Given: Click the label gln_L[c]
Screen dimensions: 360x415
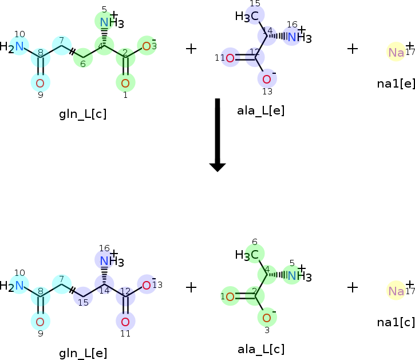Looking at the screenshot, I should [83, 113].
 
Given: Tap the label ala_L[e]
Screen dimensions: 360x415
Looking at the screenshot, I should [260, 110].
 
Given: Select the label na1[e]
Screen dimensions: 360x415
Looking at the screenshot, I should [396, 83].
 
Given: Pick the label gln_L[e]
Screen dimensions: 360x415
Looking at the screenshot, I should [83, 353].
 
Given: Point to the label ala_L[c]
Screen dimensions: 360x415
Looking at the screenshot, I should [261, 349].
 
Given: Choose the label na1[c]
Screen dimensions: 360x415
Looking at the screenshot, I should [396, 322].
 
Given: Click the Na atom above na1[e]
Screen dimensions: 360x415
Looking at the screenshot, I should [396, 53].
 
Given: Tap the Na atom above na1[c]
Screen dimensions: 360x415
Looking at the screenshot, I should [396, 291].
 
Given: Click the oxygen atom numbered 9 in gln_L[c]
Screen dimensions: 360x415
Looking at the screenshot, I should [40, 83].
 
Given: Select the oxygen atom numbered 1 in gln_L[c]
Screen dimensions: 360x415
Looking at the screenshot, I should [125, 83].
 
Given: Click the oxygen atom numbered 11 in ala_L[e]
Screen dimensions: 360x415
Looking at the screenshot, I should [230, 57].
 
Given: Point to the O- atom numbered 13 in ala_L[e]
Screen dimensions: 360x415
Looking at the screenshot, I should [267, 78].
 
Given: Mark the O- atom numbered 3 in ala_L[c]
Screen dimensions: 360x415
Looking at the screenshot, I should [267, 317].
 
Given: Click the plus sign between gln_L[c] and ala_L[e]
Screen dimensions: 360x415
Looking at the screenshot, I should [191, 49].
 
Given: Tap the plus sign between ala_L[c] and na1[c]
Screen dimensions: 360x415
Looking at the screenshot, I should [353, 287].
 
